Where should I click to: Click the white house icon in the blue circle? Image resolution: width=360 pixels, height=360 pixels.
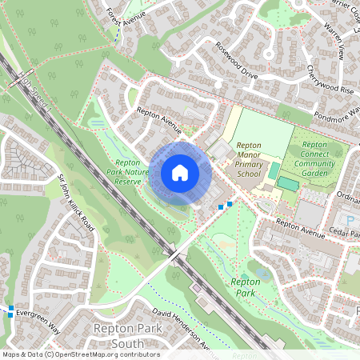[180, 173]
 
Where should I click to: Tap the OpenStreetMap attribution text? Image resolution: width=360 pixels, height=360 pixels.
[80, 354]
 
